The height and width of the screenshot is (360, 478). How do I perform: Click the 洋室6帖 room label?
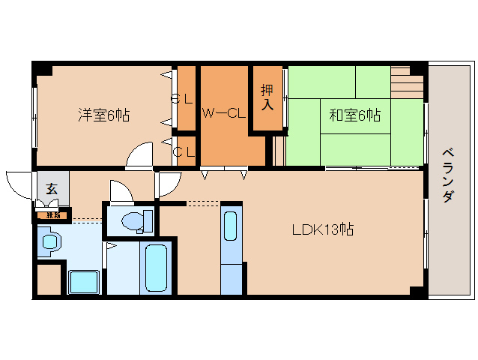(x=104, y=115)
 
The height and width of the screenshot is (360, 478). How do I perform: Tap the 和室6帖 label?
(x=354, y=115)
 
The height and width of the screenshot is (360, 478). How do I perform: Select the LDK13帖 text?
(x=323, y=230)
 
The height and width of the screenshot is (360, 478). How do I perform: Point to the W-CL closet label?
(x=224, y=114)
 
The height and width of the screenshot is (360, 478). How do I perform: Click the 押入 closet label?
(x=267, y=97)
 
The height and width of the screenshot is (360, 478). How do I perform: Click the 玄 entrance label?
(x=52, y=188)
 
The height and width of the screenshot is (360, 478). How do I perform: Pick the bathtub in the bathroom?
(x=156, y=267)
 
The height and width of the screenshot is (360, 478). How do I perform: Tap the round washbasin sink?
(x=50, y=241)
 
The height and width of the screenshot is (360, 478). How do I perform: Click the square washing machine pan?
(x=84, y=282)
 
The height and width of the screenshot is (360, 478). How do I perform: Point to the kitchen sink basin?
(x=231, y=224)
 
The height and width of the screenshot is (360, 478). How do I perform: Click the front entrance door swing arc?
(x=19, y=181)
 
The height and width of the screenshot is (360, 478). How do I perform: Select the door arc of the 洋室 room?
(x=140, y=156)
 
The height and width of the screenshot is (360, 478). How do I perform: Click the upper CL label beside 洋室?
(x=182, y=98)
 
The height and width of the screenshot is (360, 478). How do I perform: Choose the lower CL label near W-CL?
(x=184, y=151)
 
